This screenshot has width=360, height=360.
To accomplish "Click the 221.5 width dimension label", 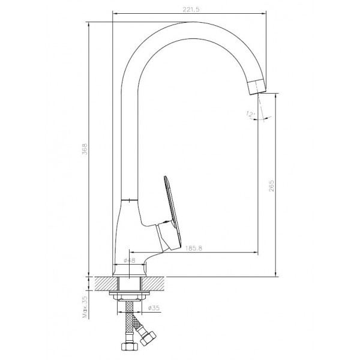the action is click(191, 10).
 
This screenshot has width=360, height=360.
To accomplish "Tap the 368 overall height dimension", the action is click(85, 149).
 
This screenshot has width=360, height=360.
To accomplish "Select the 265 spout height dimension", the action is click(271, 186).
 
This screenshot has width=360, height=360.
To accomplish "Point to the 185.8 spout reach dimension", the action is click(194, 248).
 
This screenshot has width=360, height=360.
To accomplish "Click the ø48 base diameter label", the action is click(130, 260).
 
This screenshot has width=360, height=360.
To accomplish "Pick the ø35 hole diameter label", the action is click(154, 308).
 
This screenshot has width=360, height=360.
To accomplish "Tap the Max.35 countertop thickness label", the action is click(85, 307).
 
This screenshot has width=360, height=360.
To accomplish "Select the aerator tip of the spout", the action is click(257, 86).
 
